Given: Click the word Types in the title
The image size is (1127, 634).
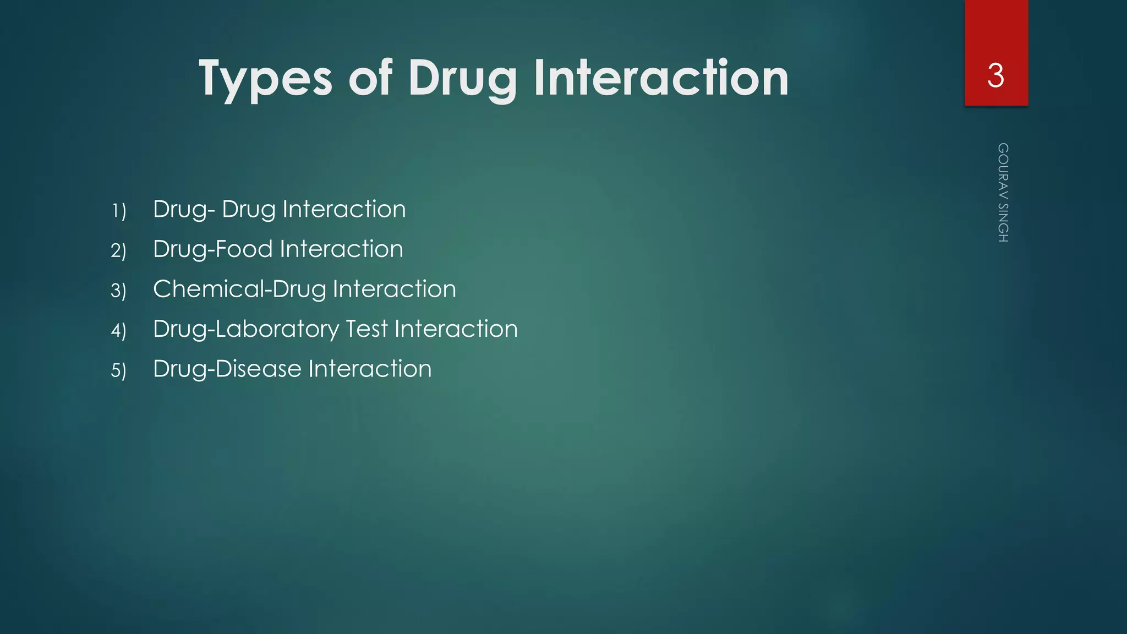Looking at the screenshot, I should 265,78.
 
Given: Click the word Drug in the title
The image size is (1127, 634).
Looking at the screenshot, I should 462,78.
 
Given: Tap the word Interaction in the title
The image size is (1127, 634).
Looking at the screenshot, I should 661,78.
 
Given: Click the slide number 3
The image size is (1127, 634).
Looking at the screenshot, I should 995,75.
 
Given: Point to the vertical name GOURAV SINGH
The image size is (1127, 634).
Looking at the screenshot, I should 1003,193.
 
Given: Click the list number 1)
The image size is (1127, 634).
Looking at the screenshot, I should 118,211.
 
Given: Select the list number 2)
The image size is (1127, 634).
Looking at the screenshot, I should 118,251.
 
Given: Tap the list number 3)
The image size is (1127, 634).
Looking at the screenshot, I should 118,291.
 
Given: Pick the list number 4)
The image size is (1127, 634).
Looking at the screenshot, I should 118,331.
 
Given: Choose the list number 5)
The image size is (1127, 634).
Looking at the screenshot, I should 118,370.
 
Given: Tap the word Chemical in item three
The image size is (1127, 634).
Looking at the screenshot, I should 209,289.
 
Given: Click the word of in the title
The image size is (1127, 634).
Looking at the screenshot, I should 370,78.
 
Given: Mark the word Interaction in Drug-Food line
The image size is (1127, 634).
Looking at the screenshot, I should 342,249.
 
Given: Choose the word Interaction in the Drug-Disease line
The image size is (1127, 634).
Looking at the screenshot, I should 370,369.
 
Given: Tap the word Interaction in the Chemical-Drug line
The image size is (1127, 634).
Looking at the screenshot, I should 394,289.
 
